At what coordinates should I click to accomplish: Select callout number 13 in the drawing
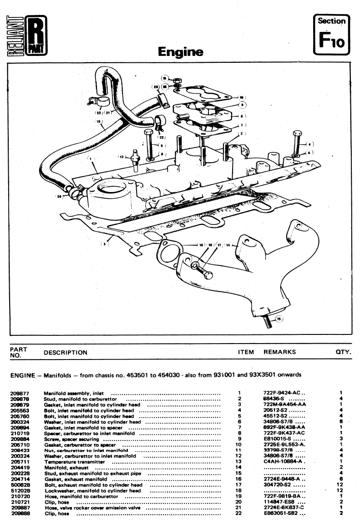tap(122, 157)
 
